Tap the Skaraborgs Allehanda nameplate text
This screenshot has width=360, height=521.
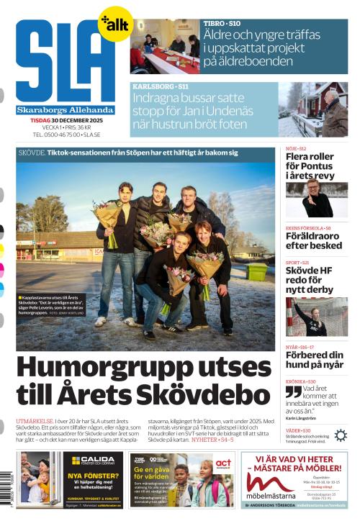66,110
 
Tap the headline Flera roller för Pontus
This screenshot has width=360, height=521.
310,166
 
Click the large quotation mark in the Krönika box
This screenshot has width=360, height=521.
293,391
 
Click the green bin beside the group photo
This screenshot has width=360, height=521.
256,271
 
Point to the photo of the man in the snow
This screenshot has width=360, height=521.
313,108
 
